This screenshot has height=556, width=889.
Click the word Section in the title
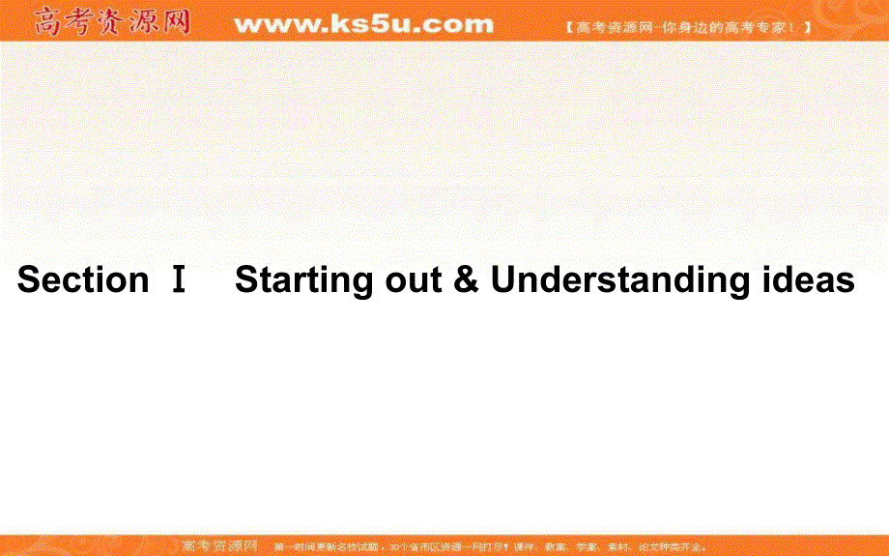coord(83,280)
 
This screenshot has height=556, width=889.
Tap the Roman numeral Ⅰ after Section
coord(179,280)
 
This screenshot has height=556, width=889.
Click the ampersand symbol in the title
coord(466,280)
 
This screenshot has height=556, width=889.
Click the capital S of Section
coord(28,280)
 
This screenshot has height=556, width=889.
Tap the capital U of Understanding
coord(503,280)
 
